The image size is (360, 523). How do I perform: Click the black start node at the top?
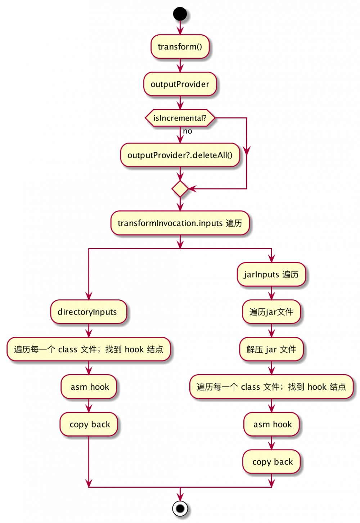click(180, 14)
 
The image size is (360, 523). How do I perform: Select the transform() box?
click(180, 47)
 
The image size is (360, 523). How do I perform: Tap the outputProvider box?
click(180, 84)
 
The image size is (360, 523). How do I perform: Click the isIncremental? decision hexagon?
click(180, 118)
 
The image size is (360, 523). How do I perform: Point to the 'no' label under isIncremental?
click(188, 131)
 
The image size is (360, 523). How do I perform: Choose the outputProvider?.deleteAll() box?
click(180, 155)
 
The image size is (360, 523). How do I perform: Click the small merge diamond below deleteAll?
click(180, 189)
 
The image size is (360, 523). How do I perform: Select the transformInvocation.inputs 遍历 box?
click(180, 223)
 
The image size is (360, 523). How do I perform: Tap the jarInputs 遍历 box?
click(271, 274)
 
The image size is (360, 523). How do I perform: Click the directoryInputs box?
click(89, 312)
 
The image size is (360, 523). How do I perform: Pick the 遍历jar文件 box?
click(271, 312)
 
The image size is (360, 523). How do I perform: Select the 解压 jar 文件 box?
click(271, 349)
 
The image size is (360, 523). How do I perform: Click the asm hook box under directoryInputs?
click(89, 387)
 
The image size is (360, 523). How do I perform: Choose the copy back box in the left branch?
click(89, 424)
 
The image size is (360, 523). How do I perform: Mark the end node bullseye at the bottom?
click(180, 509)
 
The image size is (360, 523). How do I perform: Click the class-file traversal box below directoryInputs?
click(89, 349)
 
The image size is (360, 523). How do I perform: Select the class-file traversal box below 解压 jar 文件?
click(271, 387)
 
